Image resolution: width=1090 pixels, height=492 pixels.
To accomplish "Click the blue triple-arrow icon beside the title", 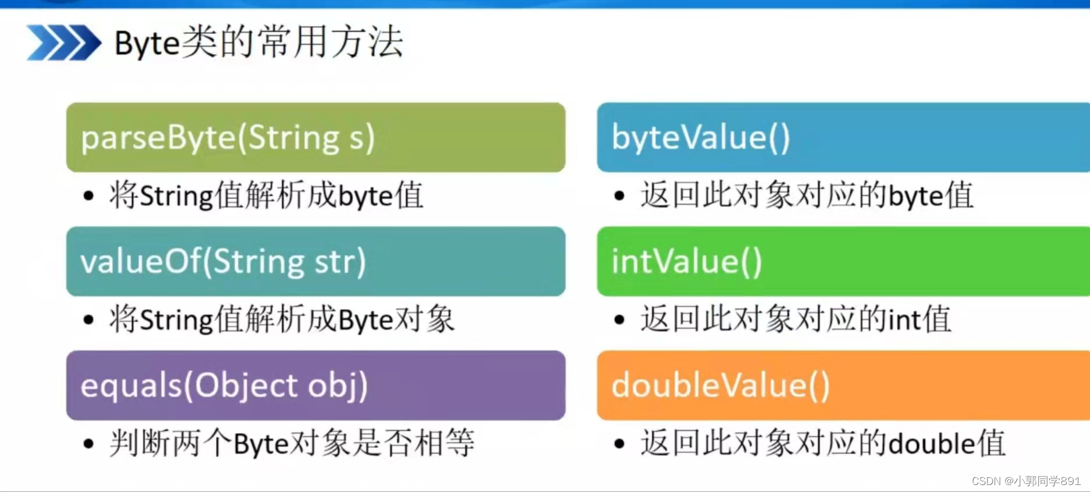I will (x=63, y=43).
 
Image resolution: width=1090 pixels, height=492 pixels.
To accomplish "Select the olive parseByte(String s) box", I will (x=315, y=137).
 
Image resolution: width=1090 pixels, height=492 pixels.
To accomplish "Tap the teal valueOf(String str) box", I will (x=315, y=261).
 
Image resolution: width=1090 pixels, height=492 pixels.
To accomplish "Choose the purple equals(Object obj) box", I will (x=315, y=385).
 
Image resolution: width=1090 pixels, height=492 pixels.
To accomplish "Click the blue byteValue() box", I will (x=843, y=137).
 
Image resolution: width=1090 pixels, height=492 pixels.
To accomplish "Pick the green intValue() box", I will (x=843, y=261).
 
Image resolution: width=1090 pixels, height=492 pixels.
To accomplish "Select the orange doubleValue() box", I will (x=843, y=385).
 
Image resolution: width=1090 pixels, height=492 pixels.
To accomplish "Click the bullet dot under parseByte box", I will (x=88, y=196).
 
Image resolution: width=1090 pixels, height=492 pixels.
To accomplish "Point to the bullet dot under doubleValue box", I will (x=619, y=444).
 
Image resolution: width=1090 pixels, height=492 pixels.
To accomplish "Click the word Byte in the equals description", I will (x=261, y=444).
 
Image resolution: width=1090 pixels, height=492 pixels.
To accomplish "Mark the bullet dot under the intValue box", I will (x=619, y=320).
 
